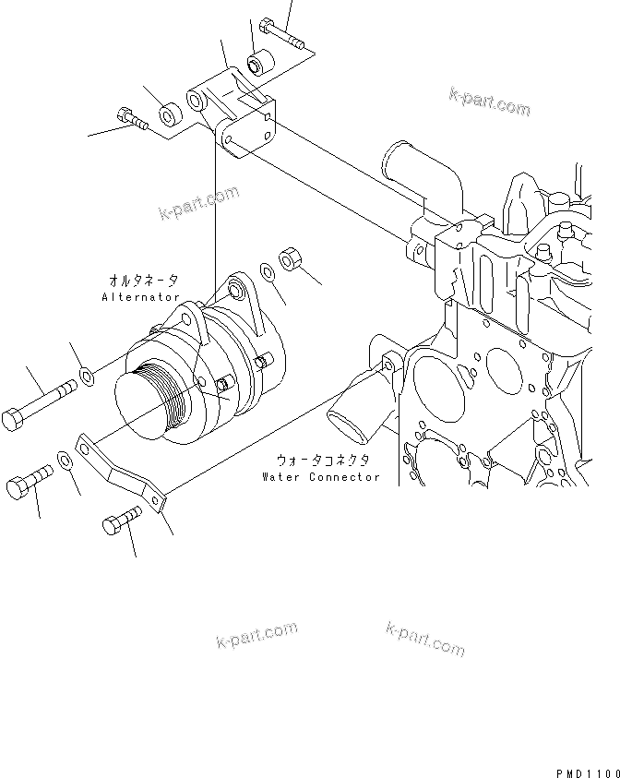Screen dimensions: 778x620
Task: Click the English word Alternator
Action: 141,298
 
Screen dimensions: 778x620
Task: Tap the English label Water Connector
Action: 320,477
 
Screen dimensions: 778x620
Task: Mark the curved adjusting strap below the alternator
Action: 120,473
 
